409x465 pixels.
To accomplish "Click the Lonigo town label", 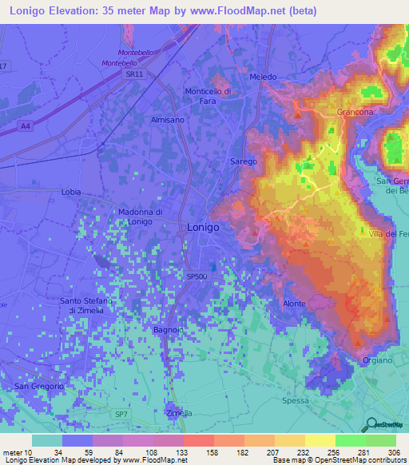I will tap(203, 227).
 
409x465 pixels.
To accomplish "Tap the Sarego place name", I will tap(244, 161).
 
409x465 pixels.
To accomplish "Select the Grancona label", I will tap(355, 113).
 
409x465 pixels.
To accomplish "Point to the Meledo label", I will tap(263, 77).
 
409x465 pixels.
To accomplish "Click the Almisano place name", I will tap(167, 119).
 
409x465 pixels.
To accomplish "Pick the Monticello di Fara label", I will tap(208, 96).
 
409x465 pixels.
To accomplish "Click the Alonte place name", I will tap(295, 304).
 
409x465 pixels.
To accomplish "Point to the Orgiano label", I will tap(377, 360).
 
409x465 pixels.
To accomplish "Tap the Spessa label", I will tap(295, 400).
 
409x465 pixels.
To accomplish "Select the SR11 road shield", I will tap(134, 74).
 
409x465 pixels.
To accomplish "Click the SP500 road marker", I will tap(197, 276).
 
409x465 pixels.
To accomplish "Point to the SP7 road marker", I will tap(121, 415).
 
